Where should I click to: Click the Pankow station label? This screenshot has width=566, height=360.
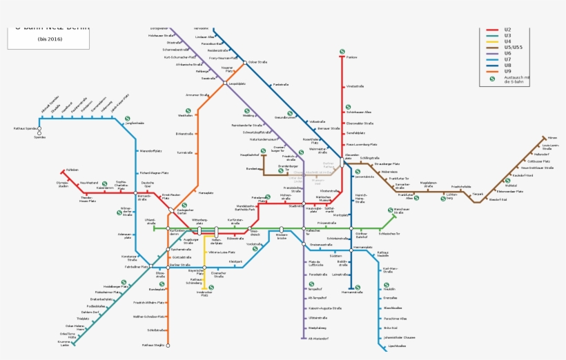(353, 58)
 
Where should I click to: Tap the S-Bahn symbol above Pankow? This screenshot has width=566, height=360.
(342, 50)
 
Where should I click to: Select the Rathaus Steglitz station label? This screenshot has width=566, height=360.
(153, 345)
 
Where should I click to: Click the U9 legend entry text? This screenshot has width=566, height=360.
(508, 71)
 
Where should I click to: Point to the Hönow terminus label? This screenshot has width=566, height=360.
(552, 138)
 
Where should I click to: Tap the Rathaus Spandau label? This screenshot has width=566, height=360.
(25, 128)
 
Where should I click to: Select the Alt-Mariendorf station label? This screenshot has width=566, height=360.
(318, 339)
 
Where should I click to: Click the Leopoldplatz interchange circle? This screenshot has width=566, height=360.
(225, 83)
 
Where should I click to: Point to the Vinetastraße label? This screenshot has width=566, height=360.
(355, 86)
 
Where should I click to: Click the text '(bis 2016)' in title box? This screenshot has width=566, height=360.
(50, 39)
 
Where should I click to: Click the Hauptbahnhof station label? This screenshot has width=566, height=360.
(249, 155)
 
